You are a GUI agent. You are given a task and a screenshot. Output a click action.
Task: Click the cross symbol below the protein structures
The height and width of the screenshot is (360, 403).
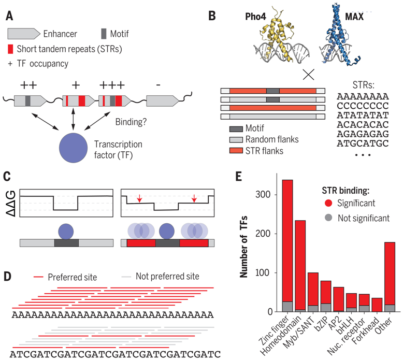[309, 74]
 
